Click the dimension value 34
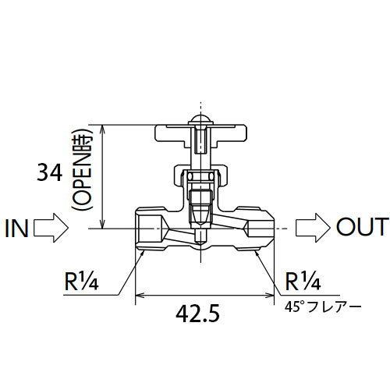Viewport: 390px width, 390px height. pyautogui.click(x=50, y=172)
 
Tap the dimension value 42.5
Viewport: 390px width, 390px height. pyautogui.click(x=197, y=314)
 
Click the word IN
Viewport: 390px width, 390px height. pyautogui.click(x=16, y=229)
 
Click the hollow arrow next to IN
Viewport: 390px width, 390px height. pyautogui.click(x=51, y=228)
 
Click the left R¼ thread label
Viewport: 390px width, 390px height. pyautogui.click(x=81, y=281)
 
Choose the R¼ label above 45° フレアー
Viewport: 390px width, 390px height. pyautogui.click(x=303, y=281)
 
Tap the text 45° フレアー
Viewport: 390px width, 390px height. pyautogui.click(x=323, y=307)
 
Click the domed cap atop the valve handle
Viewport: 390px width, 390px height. pyautogui.click(x=200, y=120)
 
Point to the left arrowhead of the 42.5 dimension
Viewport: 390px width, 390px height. pyautogui.click(x=140, y=295)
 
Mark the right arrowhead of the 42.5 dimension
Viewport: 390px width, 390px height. pyautogui.click(x=270, y=295)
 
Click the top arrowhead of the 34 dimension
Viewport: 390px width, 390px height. pyautogui.click(x=103, y=129)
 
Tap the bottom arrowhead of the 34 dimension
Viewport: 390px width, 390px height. pyautogui.click(x=103, y=224)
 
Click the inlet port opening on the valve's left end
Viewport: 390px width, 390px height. pyautogui.click(x=150, y=229)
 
